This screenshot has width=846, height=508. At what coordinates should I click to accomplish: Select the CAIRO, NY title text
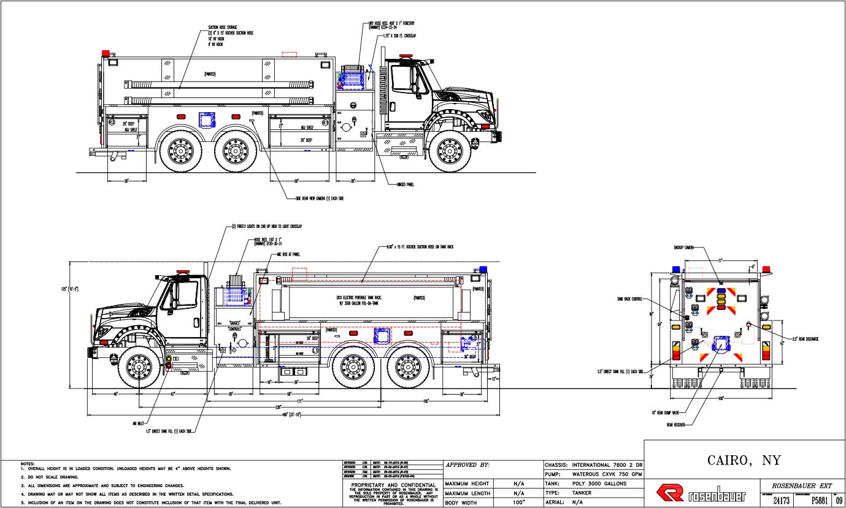(x=744, y=460)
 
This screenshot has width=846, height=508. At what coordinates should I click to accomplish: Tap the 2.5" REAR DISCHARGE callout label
(x=804, y=339)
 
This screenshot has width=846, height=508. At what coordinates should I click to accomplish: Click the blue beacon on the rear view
(x=676, y=269)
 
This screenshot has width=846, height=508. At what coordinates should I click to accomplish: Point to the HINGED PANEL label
(x=406, y=184)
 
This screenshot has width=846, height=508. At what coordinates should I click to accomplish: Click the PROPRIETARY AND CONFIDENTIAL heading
(x=391, y=483)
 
